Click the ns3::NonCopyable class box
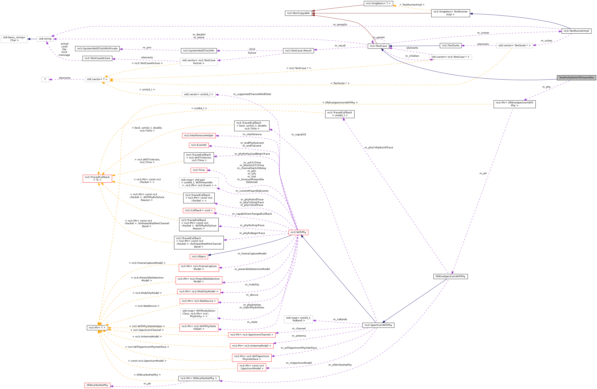click(x=298, y=13)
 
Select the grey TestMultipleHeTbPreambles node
click(x=576, y=77)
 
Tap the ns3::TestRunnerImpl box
click(x=576, y=31)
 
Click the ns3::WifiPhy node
click(x=298, y=232)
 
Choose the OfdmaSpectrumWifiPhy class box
click(x=450, y=276)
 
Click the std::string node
click(x=45, y=39)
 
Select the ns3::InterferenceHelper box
click(x=199, y=135)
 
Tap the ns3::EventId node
click(x=199, y=145)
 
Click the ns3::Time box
click(x=199, y=170)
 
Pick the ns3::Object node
click(x=199, y=256)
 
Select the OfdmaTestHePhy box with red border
click(x=97, y=385)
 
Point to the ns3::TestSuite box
click(x=450, y=45)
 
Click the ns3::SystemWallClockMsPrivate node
click(x=97, y=48)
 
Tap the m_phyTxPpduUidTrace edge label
click(x=379, y=147)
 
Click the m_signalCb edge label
click(x=298, y=134)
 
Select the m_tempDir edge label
click(x=340, y=24)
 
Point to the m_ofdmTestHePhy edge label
click(x=340, y=365)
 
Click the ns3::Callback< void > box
click(x=199, y=210)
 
